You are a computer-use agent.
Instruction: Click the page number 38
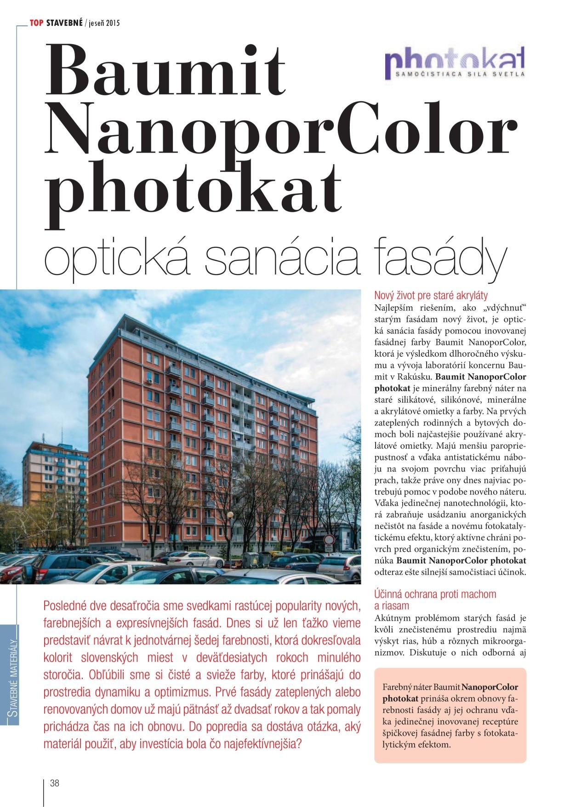point(55,783)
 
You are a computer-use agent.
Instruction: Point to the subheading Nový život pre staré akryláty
point(431,295)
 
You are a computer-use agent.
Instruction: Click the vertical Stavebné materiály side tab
point(13,674)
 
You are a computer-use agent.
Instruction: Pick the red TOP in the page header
point(37,23)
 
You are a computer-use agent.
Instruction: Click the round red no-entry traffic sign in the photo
point(329,539)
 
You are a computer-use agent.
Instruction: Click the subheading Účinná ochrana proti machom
point(435,594)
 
